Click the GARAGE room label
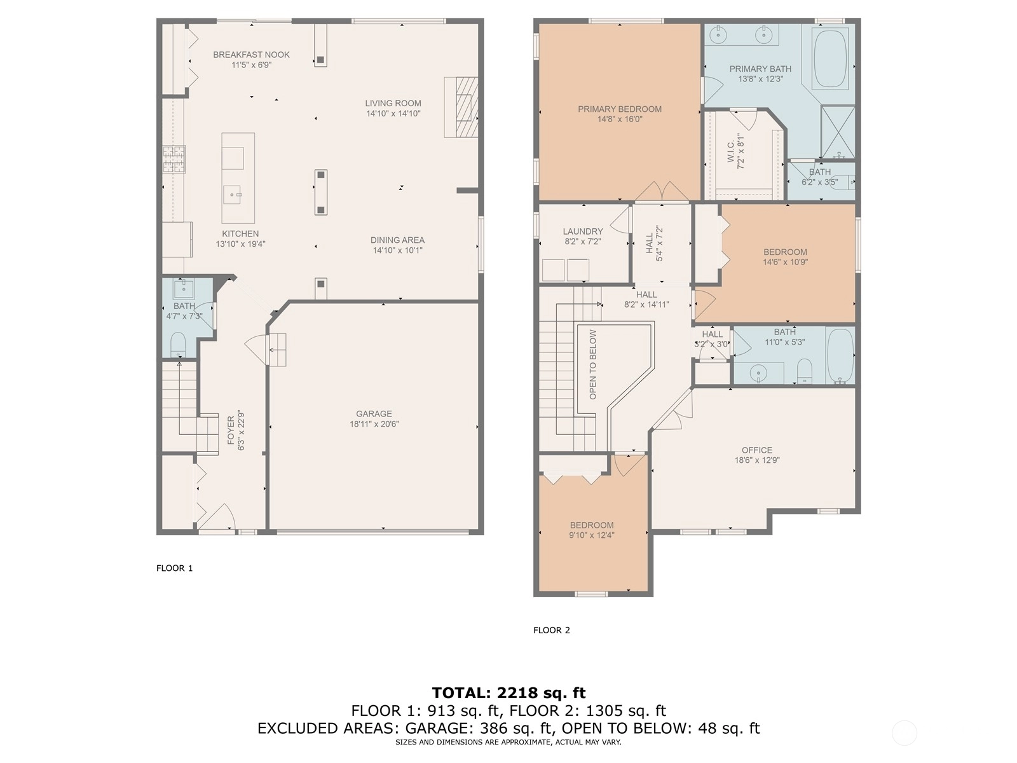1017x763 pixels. (x=374, y=414)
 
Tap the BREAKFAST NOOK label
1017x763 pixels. (x=251, y=55)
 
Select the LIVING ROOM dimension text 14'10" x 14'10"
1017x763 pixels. (x=393, y=114)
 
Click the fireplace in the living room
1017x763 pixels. (x=461, y=107)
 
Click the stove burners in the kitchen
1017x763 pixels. (x=174, y=159)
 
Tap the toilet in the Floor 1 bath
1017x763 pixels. (x=178, y=345)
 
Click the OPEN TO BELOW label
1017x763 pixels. (x=593, y=364)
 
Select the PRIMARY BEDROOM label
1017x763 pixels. (x=620, y=109)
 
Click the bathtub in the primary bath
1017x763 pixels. (x=830, y=59)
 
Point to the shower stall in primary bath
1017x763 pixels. (x=838, y=132)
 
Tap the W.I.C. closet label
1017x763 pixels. (x=731, y=151)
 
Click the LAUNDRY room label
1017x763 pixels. (x=583, y=231)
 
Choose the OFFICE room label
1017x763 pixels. (x=756, y=450)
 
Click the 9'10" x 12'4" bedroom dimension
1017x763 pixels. (x=592, y=535)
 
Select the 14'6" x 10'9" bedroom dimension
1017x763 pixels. (x=785, y=262)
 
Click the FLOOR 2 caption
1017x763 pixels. (x=551, y=630)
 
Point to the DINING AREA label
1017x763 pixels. (x=397, y=240)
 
